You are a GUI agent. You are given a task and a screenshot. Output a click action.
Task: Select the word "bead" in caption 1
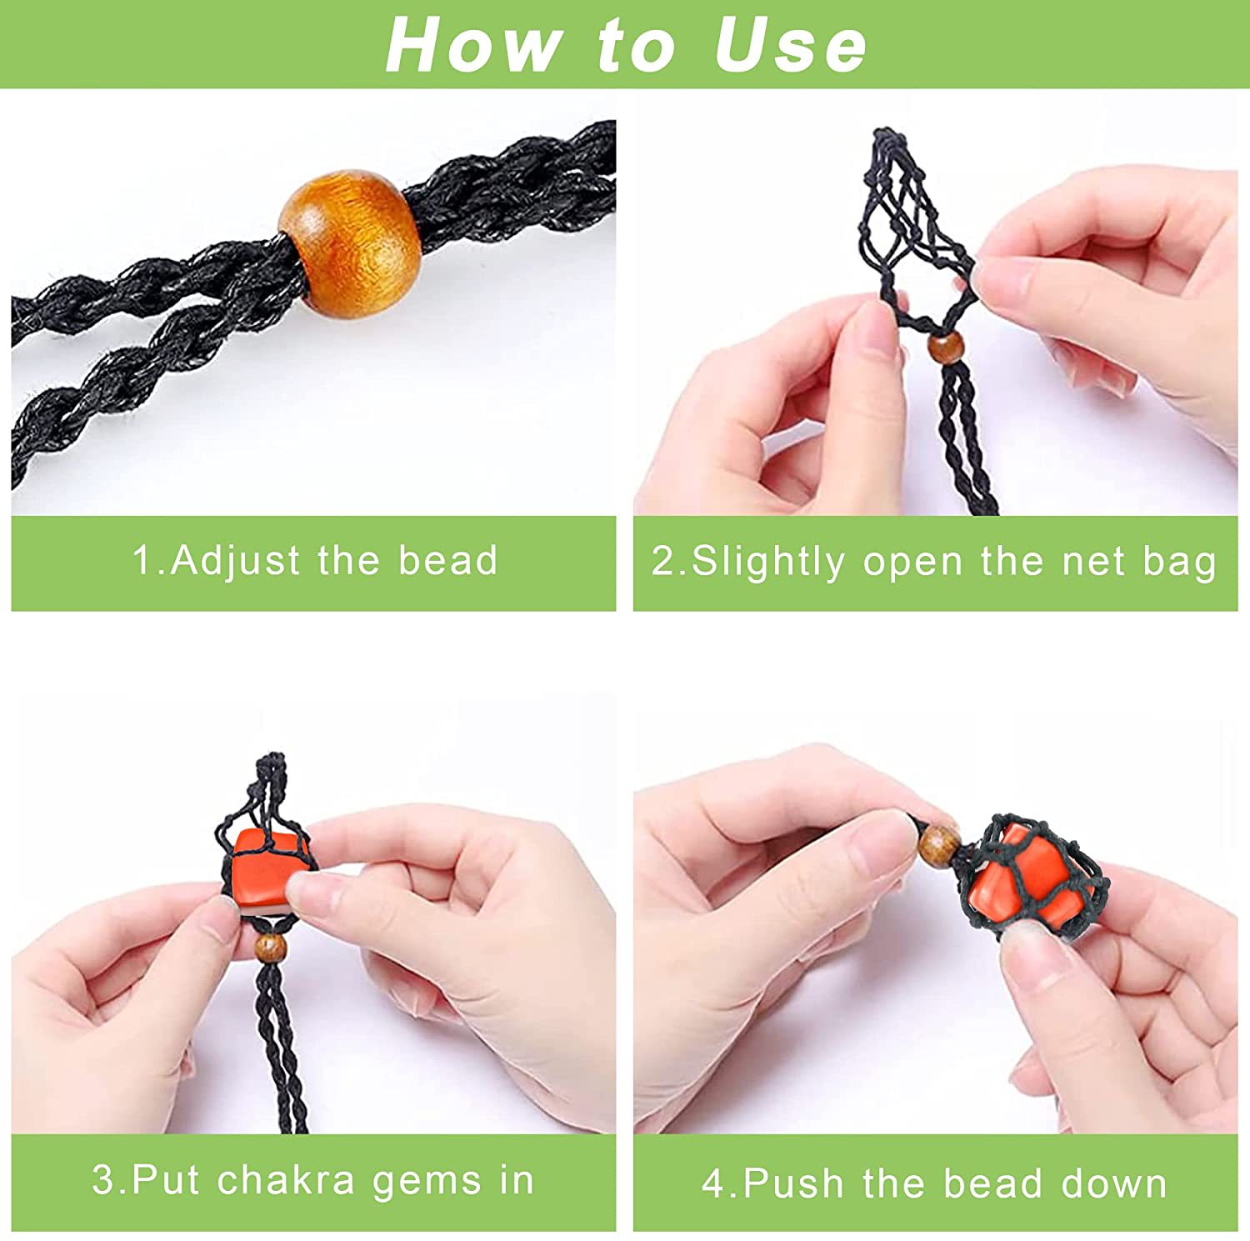[x=447, y=560]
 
